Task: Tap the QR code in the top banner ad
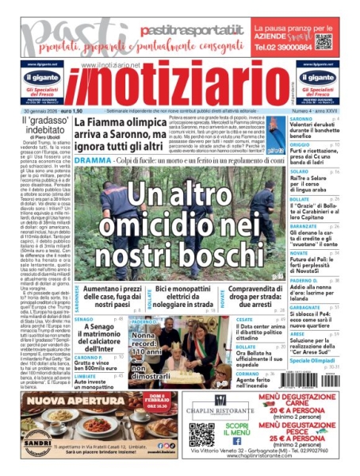point(323,41)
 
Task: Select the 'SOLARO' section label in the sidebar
point(299,171)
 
